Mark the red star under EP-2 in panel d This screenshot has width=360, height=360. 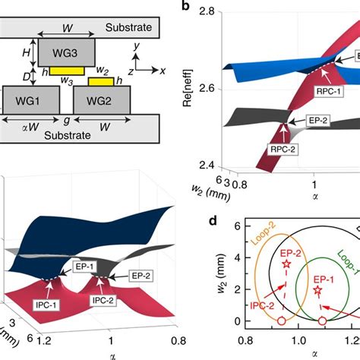pyautogui.click(x=286, y=264)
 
